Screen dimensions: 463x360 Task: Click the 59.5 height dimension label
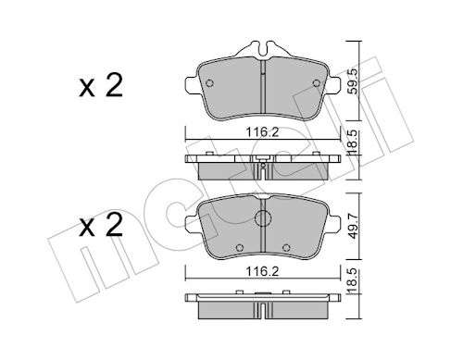click(x=354, y=81)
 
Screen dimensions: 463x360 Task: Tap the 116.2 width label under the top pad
click(x=262, y=132)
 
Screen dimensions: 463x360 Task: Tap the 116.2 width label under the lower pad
click(x=262, y=272)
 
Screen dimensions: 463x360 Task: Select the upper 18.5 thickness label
click(x=354, y=141)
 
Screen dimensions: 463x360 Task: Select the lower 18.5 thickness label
click(x=354, y=279)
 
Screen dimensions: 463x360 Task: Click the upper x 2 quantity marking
click(x=101, y=85)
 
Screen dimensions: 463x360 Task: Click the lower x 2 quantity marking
click(x=101, y=225)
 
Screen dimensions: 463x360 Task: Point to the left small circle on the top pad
click(x=209, y=83)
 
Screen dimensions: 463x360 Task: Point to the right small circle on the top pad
click(x=317, y=83)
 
